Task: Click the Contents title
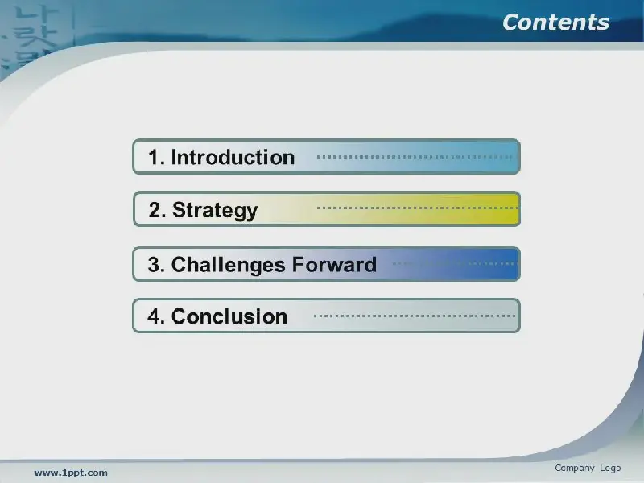[556, 23]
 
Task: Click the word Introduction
[233, 157]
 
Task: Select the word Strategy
[215, 211]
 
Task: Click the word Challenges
[228, 265]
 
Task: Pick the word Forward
[334, 265]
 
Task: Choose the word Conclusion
[229, 316]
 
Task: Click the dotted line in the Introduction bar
[415, 156]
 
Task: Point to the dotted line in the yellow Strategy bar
[417, 208]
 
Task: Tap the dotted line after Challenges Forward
[453, 264]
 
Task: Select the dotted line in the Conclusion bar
[414, 316]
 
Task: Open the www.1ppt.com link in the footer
[71, 473]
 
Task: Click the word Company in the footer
[575, 469]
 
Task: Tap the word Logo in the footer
[611, 469]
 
